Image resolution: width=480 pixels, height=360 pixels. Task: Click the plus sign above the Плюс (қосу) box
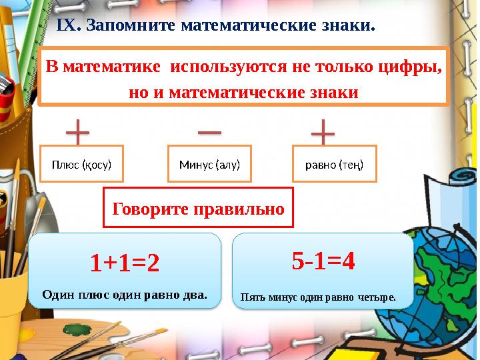(78, 131)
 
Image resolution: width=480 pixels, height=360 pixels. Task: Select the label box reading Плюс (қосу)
(82, 164)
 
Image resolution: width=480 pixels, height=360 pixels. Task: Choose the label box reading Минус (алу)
(209, 164)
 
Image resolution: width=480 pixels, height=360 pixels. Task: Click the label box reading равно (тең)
(335, 164)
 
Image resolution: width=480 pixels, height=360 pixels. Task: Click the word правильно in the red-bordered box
(239, 209)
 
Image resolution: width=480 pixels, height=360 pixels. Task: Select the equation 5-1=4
(323, 261)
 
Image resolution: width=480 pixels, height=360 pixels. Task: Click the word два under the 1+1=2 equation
(193, 293)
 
